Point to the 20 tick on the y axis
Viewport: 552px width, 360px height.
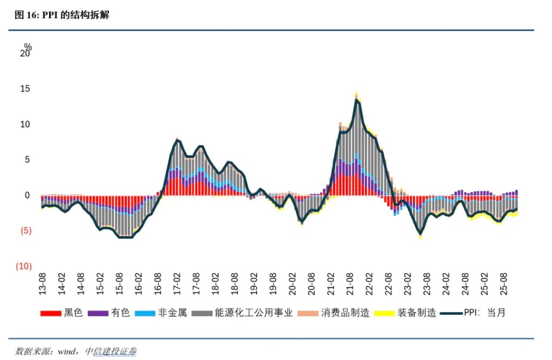coord(25,54)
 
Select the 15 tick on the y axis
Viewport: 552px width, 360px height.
coord(25,89)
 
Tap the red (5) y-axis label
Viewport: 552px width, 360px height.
coord(25,231)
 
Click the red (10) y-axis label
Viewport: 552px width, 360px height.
coord(24,266)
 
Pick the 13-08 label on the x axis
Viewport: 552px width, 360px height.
coord(43,283)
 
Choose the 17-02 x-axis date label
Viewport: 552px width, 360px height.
coord(177,283)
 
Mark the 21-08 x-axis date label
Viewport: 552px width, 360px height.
coord(349,283)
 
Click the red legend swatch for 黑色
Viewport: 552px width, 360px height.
coord(51,313)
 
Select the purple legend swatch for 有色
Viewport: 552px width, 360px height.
coord(99,313)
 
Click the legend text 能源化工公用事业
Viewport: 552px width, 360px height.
coord(253,313)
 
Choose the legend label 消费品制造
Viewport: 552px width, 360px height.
coord(345,313)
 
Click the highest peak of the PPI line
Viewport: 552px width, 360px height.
coord(357,100)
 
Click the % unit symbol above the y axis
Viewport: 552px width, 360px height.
coord(28,47)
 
